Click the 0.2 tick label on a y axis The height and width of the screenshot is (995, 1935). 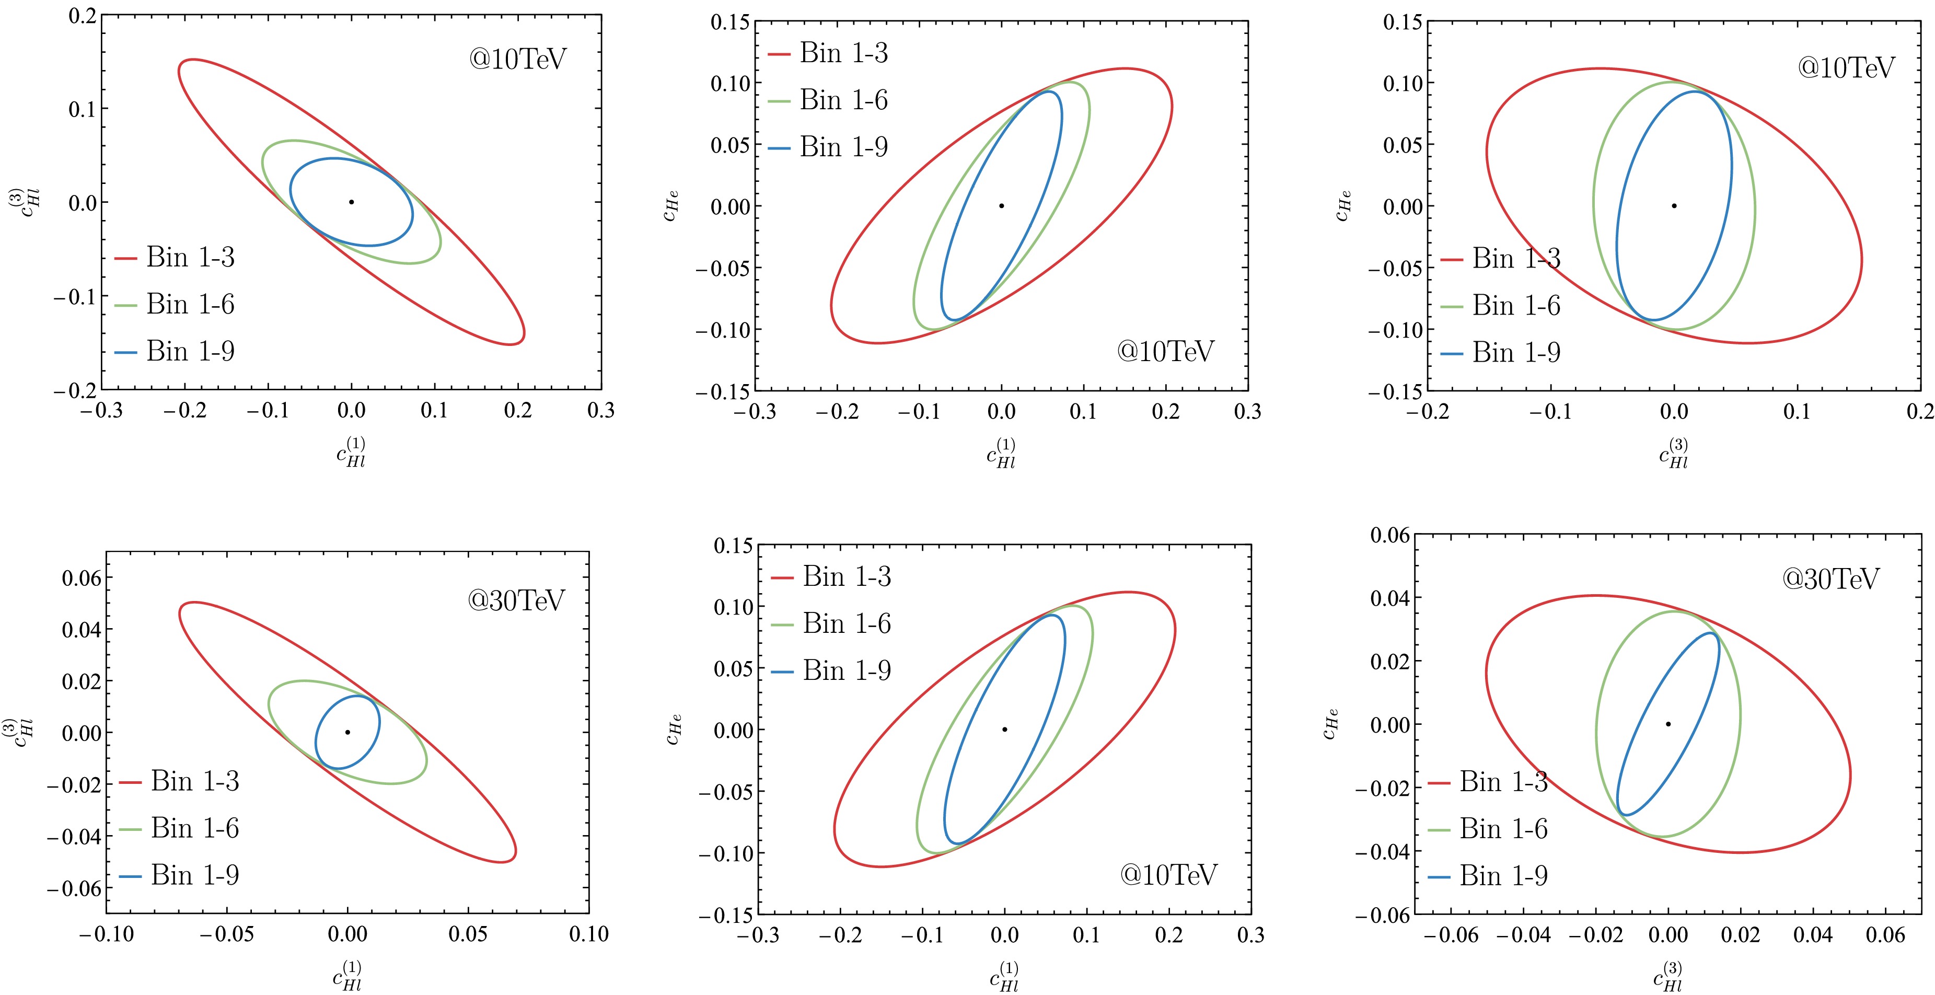[x=83, y=16]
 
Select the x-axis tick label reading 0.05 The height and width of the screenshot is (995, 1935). [x=468, y=934]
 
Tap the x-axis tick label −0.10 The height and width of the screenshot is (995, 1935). [x=107, y=934]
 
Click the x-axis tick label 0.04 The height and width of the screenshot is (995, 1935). [x=1813, y=935]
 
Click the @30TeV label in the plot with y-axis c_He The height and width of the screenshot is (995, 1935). [x=1830, y=578]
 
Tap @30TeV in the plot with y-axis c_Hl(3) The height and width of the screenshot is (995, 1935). [x=516, y=599]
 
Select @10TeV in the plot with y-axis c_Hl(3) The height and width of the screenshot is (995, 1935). [x=517, y=59]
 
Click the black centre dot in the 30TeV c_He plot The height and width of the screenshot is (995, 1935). [x=1667, y=724]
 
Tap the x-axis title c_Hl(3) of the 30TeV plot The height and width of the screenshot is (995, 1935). [x=1667, y=978]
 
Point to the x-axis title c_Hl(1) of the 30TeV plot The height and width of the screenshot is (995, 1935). [x=348, y=976]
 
